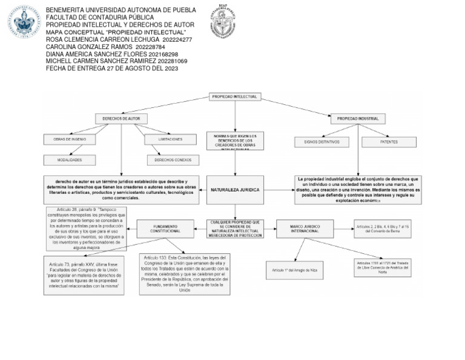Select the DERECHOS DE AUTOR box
coord(122,119)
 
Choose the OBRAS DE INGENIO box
coord(70,139)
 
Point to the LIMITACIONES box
coord(170,139)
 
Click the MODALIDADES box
coord(70,160)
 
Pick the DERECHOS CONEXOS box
coord(173,160)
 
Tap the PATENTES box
coord(389,142)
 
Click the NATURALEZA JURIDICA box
coord(235,190)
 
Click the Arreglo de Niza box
coord(295,269)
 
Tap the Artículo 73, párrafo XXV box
coord(84,275)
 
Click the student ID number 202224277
coord(177,39)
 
